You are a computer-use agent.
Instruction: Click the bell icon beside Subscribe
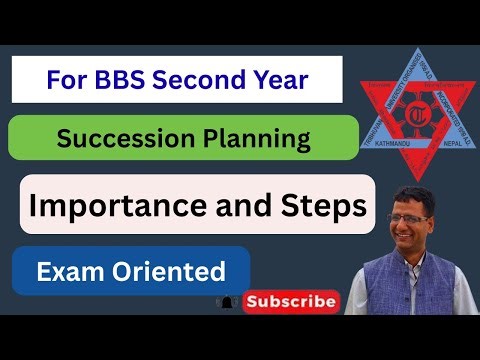229,299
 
